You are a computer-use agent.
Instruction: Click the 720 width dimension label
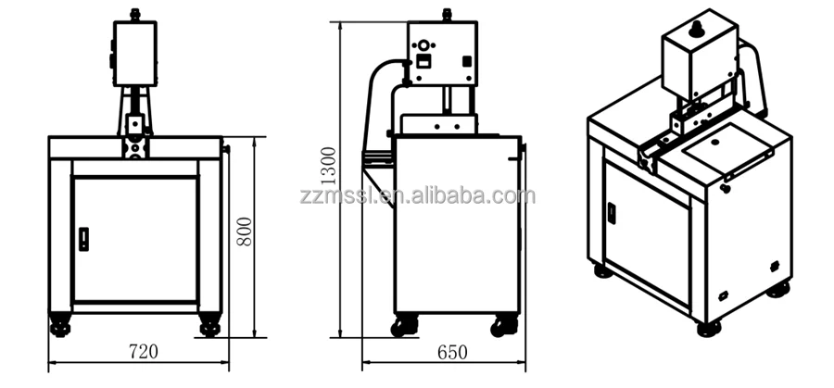pos(144,351)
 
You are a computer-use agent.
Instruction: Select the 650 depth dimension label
pos(452,352)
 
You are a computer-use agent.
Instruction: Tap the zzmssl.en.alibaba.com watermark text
pos(418,195)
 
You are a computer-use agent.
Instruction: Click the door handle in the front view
pos(84,238)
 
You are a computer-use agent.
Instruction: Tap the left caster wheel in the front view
pos(61,326)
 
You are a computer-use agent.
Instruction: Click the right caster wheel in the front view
pos(210,326)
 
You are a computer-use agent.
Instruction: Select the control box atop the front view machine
pos(134,54)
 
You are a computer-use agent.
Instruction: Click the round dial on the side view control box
pos(425,44)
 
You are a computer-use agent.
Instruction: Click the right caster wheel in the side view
pos(503,325)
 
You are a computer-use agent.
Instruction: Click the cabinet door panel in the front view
pos(135,239)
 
